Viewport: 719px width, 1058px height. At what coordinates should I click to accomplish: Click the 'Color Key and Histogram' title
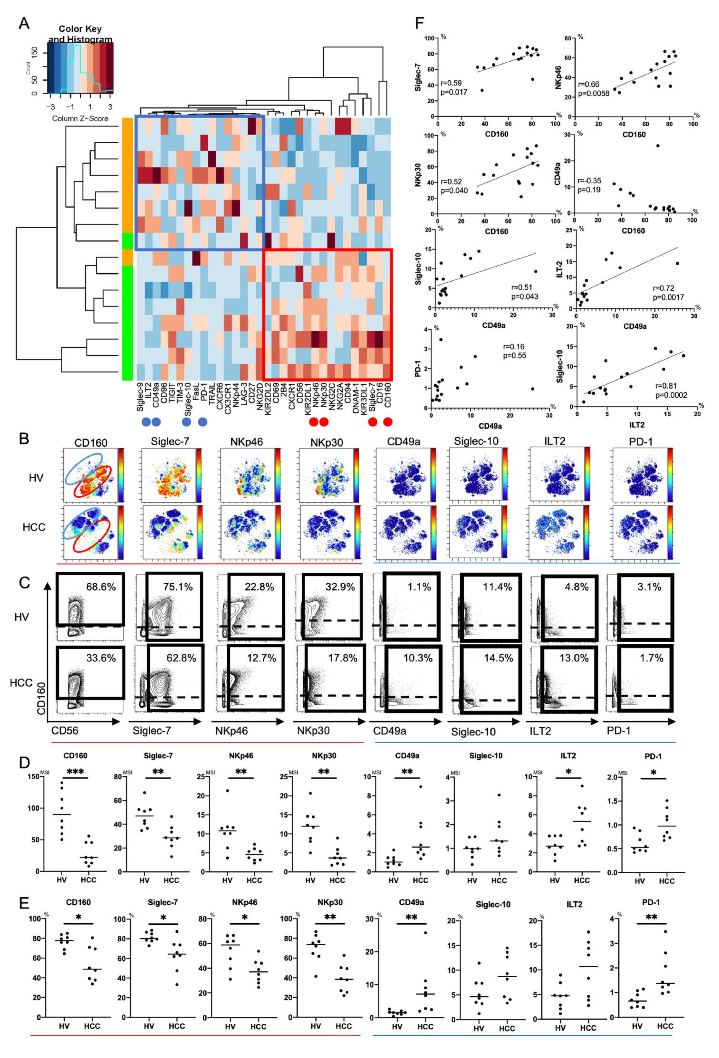(80, 34)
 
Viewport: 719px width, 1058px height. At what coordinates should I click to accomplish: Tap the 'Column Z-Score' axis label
(80, 118)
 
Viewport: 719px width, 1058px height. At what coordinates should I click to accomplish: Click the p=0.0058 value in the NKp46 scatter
(593, 94)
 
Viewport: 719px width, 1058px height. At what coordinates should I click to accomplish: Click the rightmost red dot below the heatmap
(387, 422)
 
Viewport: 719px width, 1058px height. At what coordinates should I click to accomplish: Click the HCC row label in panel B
(34, 527)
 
